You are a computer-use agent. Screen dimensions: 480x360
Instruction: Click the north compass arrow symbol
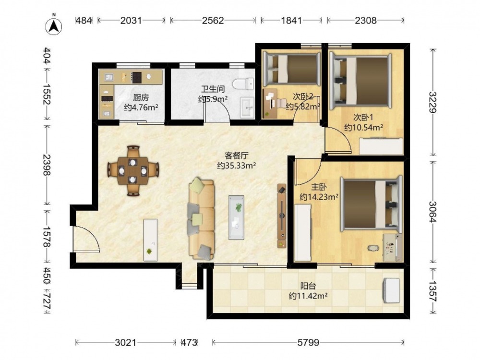54,26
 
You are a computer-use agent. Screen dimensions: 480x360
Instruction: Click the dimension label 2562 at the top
213,21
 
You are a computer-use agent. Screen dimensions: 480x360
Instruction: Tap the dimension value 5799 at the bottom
308,342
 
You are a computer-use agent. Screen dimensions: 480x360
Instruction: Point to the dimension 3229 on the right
432,102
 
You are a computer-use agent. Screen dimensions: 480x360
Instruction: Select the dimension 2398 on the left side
47,165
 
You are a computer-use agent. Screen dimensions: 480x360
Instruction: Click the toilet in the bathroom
243,84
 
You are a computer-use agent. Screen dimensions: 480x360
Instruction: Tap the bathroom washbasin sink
247,108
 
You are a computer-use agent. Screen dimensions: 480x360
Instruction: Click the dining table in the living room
133,171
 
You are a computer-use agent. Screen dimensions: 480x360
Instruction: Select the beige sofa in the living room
201,218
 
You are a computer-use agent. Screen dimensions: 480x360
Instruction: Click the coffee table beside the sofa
236,217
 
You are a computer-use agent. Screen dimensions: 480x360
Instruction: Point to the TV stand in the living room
282,216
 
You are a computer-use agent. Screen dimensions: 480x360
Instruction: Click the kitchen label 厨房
141,97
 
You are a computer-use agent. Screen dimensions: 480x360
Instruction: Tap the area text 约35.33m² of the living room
237,166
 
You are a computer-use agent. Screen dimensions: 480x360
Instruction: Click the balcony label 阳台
308,286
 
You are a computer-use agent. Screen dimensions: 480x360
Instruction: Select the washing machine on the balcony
392,290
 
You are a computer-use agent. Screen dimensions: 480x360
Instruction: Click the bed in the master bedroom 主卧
372,203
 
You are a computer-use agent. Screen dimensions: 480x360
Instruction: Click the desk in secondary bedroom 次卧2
270,103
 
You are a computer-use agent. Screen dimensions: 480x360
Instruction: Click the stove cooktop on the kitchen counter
136,77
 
